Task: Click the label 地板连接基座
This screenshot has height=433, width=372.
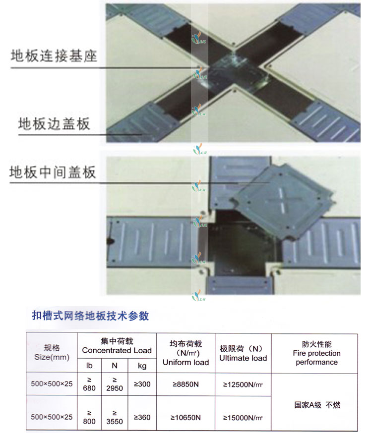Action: tap(54, 55)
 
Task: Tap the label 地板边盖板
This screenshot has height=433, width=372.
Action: tap(54, 122)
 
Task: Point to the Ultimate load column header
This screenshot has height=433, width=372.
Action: tap(243, 353)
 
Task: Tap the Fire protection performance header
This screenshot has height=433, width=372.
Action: tap(317, 353)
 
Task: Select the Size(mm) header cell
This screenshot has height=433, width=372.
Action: tap(52, 352)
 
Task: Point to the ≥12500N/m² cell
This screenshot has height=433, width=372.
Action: tap(243, 384)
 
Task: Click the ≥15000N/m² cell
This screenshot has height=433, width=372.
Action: tap(243, 417)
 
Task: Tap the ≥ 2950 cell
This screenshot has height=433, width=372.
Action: tap(115, 384)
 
